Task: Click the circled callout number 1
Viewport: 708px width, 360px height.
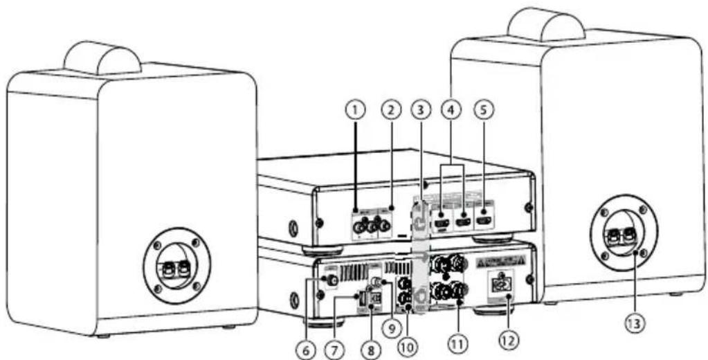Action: coord(356,110)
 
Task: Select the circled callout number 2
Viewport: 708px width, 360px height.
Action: coord(391,110)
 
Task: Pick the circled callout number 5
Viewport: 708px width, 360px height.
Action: coord(484,110)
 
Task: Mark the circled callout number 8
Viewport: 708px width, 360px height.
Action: coord(371,349)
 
